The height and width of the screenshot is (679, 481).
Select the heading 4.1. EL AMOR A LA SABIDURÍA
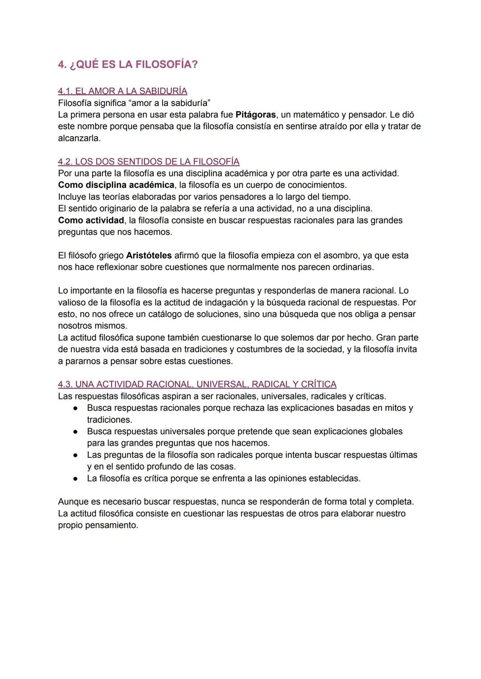tap(122, 91)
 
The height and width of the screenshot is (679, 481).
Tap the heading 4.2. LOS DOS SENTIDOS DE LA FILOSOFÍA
tap(148, 161)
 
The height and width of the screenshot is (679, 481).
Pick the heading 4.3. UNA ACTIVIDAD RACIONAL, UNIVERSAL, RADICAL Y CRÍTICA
tap(197, 384)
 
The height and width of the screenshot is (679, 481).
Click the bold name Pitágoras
tap(255, 115)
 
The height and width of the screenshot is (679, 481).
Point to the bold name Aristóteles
tap(149, 256)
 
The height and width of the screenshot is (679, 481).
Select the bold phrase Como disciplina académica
tap(116, 185)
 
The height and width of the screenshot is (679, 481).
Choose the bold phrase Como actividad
tap(91, 220)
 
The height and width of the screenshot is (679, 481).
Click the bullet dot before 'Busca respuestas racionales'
tap(77, 408)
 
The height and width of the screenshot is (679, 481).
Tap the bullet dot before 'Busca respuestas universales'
tap(77, 432)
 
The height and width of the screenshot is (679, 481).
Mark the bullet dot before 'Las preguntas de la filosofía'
tap(77, 455)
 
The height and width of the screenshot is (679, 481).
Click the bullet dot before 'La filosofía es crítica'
tap(77, 479)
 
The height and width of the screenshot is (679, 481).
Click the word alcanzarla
tap(79, 138)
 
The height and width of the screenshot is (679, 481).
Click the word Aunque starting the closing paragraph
tap(73, 502)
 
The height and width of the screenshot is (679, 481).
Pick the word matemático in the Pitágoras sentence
tap(316, 115)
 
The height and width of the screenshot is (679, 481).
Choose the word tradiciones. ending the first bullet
tap(110, 420)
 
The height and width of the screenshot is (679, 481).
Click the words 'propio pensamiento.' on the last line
tap(98, 525)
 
